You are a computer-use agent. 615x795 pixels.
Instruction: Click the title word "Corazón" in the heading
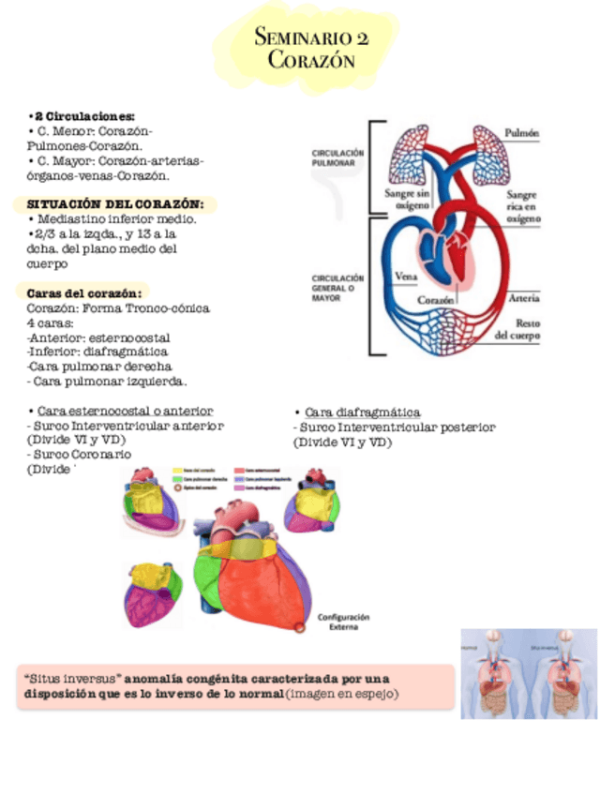pos(311,61)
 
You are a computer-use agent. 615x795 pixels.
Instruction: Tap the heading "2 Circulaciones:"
pos(82,115)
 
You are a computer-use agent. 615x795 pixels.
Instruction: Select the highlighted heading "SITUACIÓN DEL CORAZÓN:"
pos(115,203)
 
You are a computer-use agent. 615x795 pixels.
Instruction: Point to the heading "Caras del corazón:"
pos(84,292)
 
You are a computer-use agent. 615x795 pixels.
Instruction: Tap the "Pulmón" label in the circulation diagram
pos(521,133)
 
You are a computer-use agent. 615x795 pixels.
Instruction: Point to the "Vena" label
pos(406,277)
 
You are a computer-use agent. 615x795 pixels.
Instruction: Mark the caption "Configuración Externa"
pos(344,622)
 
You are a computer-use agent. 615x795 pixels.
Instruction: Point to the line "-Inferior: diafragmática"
pos(97,352)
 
